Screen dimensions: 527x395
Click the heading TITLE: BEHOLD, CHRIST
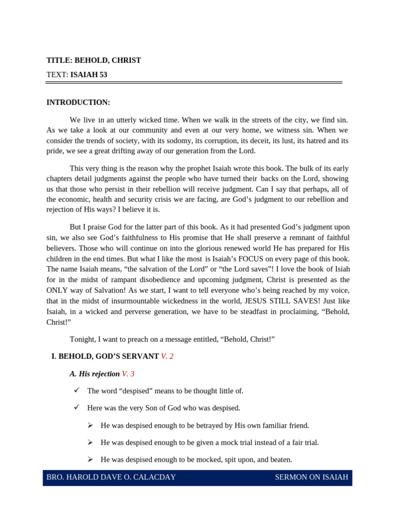coord(94,60)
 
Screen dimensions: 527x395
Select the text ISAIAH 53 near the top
coord(88,75)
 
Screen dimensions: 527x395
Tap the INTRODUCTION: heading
coord(78,102)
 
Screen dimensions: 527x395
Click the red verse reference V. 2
coord(167,356)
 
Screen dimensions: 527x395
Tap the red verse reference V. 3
coord(128,374)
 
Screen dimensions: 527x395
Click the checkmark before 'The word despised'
coord(77,391)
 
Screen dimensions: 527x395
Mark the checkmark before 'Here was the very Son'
coord(77,408)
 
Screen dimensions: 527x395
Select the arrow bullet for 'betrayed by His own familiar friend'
coord(90,426)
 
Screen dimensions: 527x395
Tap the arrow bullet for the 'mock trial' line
coord(90,443)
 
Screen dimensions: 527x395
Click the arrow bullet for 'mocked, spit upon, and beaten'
coord(90,460)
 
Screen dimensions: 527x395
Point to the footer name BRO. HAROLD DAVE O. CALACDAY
coord(111,477)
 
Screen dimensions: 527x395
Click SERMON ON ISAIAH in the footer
coord(311,477)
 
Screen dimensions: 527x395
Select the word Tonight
coord(82,339)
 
